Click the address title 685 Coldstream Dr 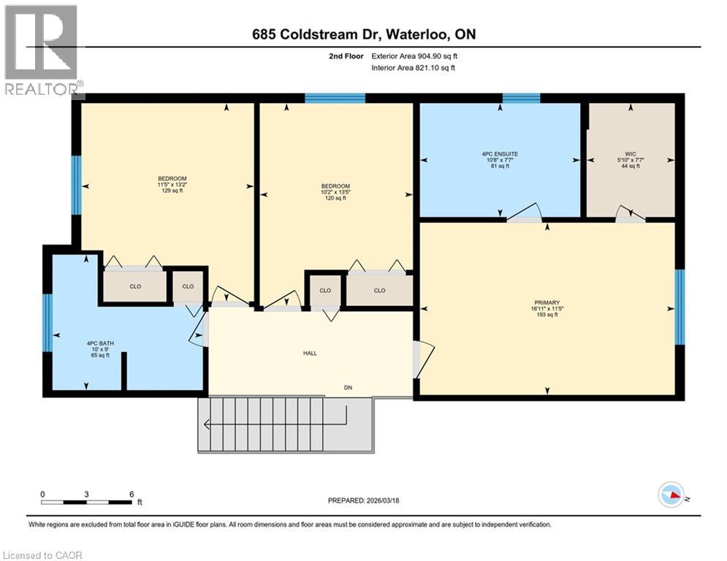pos(364,34)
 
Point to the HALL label pos(310,353)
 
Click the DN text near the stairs pos(349,387)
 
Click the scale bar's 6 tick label pos(130,494)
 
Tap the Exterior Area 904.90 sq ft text pos(415,56)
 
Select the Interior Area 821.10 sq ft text pos(414,68)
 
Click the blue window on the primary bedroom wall pos(680,307)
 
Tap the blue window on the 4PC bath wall pos(47,321)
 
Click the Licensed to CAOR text pos(42,555)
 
